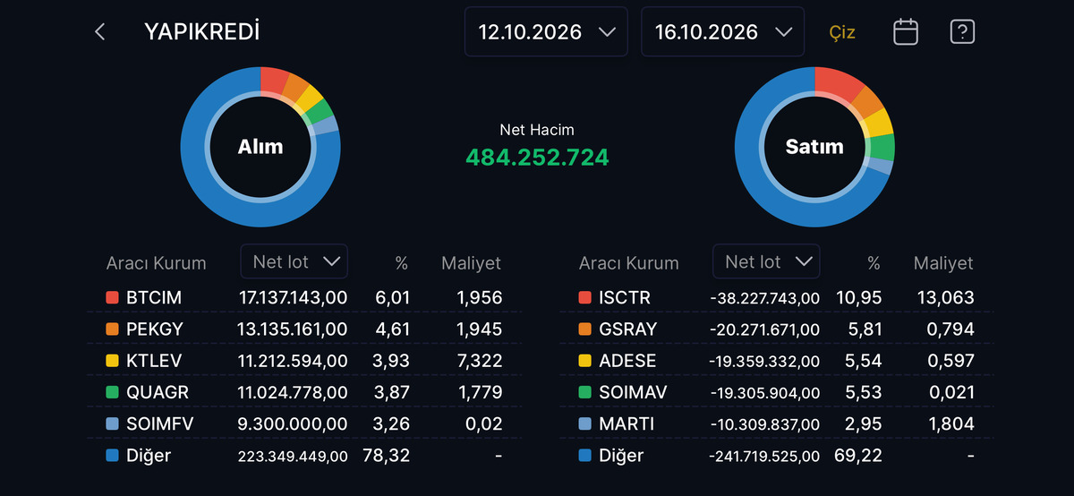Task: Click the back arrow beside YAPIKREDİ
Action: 99,32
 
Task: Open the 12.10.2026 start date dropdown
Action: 546,31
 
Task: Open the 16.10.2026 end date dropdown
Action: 722,31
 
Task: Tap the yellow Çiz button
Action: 842,32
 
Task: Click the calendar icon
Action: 906,31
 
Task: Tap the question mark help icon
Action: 962,31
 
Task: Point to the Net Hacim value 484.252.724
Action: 537,158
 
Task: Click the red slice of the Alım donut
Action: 273,81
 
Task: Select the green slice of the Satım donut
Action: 881,147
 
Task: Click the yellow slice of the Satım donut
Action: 877,123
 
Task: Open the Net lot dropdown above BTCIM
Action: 294,261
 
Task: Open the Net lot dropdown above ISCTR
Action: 766,261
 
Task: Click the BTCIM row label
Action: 153,297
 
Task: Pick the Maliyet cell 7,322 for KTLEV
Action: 480,361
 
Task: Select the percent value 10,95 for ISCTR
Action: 858,297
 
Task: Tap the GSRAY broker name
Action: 627,329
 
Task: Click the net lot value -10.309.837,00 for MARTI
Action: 764,424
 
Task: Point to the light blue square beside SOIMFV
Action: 112,423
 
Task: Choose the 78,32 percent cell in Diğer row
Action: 386,455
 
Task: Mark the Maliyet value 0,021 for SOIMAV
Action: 951,392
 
